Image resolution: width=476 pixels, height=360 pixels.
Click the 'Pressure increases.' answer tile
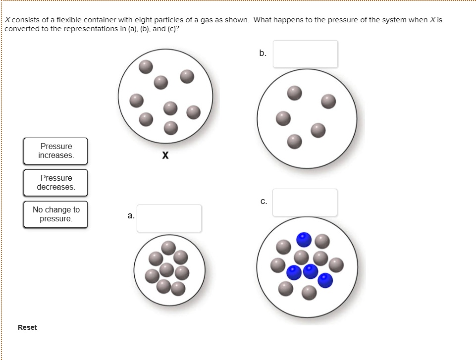click(x=55, y=151)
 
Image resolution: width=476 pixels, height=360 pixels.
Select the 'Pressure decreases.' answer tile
click(x=55, y=183)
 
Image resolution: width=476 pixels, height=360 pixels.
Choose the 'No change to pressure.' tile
click(x=55, y=214)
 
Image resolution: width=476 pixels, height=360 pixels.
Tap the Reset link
click(x=27, y=327)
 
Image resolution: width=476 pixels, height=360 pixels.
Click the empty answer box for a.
click(x=169, y=218)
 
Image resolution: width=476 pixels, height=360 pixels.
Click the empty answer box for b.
click(x=305, y=54)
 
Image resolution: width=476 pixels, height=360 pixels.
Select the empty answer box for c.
click(x=305, y=203)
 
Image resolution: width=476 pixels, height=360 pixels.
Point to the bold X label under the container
click(x=165, y=156)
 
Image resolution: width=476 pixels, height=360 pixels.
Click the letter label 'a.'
click(x=130, y=216)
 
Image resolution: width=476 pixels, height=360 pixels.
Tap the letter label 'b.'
click(x=263, y=52)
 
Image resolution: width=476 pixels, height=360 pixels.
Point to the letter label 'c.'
click(x=264, y=201)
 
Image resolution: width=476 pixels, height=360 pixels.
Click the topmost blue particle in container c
click(x=304, y=240)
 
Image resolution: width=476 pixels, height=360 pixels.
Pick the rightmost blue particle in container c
click(x=325, y=280)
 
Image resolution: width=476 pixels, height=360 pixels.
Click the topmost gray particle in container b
click(x=295, y=93)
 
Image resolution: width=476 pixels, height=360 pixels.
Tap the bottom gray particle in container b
click(x=295, y=142)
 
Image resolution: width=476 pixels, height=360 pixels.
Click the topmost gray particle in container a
click(x=169, y=248)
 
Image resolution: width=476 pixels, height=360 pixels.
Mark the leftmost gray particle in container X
click(x=137, y=101)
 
